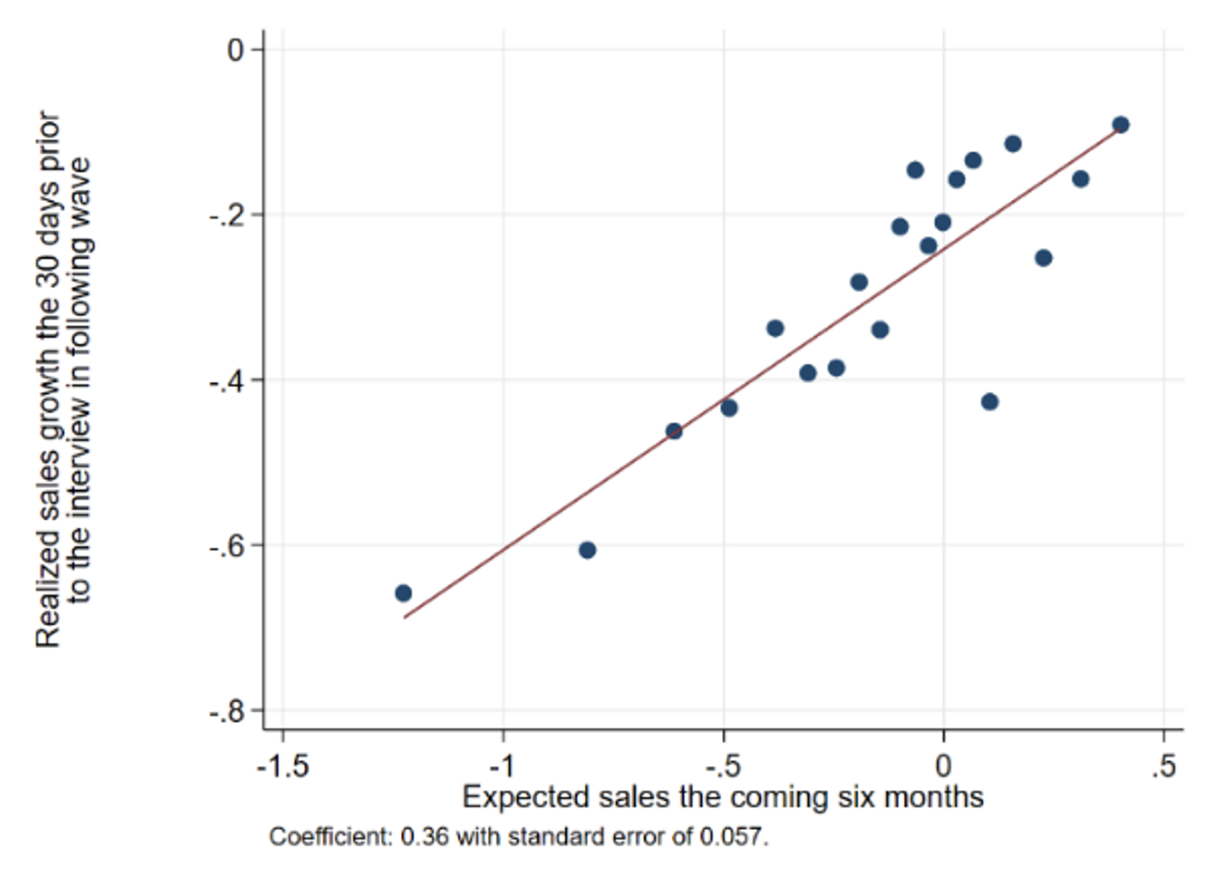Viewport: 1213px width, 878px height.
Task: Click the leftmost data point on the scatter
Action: [x=403, y=593]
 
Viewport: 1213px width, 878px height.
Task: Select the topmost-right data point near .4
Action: [x=1120, y=125]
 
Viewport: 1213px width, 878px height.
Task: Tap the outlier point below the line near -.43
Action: [x=989, y=402]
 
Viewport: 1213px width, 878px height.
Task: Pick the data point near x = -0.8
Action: [x=587, y=550]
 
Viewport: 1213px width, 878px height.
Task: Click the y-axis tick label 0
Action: [x=236, y=49]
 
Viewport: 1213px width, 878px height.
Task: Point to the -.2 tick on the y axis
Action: [x=227, y=215]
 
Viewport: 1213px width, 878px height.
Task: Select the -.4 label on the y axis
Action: [x=227, y=380]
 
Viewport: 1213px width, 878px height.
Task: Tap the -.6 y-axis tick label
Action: [x=227, y=545]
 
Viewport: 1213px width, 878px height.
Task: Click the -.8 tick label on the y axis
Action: [x=227, y=711]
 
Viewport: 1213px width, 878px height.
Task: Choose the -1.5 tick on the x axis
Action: [x=283, y=767]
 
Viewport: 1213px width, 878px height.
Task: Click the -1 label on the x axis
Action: [x=503, y=767]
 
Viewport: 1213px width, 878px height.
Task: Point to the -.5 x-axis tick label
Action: [x=723, y=767]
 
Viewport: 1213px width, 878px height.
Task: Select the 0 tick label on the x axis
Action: [x=943, y=767]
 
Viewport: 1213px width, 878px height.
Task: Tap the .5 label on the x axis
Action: [x=1164, y=767]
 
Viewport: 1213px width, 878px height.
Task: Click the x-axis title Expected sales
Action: [x=722, y=798]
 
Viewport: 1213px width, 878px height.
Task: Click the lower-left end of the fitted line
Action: [x=405, y=617]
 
